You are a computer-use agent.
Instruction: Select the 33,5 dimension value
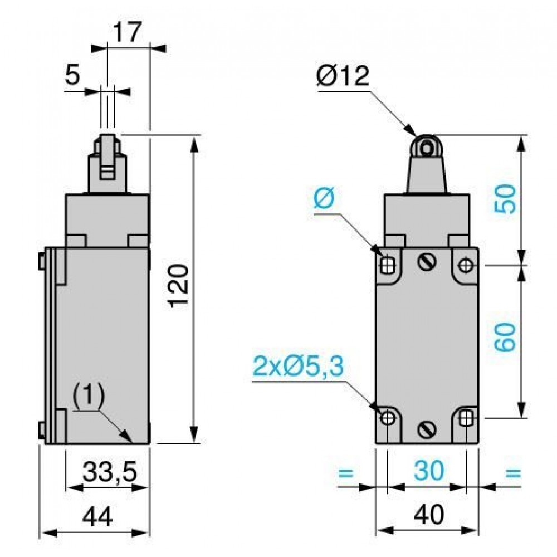[x=109, y=472]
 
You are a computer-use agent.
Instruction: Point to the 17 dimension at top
[x=127, y=32]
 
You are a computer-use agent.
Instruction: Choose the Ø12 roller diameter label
[x=343, y=76]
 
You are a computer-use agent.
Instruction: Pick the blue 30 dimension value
[x=429, y=470]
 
